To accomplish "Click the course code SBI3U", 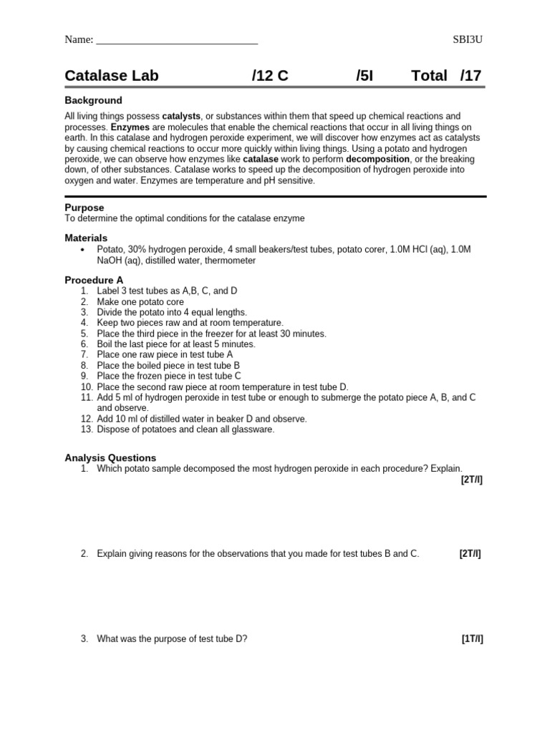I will tap(468, 39).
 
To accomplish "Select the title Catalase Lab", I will tap(112, 76).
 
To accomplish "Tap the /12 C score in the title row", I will tap(270, 76).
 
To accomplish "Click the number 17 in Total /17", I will tap(473, 76).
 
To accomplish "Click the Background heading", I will tap(93, 100).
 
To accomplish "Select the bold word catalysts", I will tap(181, 116).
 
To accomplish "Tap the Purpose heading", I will tap(85, 208).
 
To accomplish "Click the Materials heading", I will tap(86, 238).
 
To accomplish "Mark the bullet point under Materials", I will tap(83, 249).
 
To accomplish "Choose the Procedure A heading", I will tap(94, 280).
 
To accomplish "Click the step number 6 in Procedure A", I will tap(84, 344).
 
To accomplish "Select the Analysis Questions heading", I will tap(110, 458).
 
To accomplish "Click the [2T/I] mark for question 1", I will tap(471, 480).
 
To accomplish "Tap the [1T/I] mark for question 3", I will tap(472, 639).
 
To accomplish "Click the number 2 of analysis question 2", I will tap(84, 554).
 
